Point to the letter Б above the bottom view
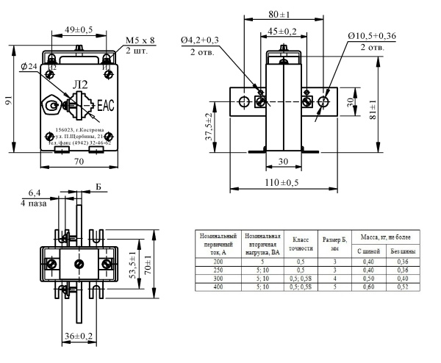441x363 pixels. (98, 187)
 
